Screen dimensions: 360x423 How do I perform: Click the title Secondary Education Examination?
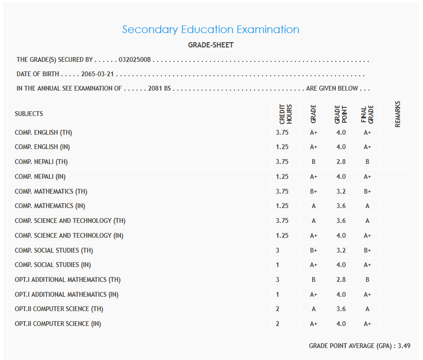click(211, 30)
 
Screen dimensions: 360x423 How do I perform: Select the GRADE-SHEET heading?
click(211, 45)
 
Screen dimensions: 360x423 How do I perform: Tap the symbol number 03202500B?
click(135, 60)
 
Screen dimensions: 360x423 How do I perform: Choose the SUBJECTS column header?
click(29, 114)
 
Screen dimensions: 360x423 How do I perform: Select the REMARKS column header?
click(398, 114)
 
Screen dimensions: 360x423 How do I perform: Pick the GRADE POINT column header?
click(341, 115)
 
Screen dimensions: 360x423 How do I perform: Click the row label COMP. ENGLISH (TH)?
click(43, 132)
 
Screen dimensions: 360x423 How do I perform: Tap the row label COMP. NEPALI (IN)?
click(40, 176)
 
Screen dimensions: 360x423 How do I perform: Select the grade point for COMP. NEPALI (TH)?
click(341, 162)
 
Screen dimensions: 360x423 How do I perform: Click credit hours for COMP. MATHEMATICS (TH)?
click(282, 191)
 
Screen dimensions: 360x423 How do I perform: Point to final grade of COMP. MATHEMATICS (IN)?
click(367, 206)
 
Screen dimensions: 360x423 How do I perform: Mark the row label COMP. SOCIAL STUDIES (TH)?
click(54, 250)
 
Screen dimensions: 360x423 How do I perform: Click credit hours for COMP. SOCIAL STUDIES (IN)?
click(278, 265)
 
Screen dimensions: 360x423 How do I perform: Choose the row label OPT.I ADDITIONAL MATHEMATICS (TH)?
click(68, 279)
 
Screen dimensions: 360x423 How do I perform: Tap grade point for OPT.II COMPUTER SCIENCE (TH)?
click(341, 309)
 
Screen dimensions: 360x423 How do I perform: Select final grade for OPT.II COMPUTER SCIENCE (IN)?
click(367, 324)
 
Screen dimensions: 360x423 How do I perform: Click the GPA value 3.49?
click(404, 346)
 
